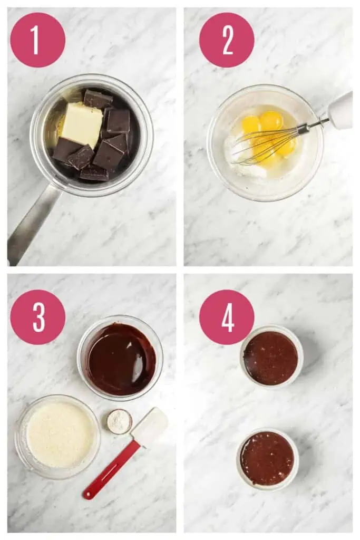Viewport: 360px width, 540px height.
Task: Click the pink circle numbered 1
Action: point(37,40)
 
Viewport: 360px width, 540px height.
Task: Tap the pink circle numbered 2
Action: point(227,40)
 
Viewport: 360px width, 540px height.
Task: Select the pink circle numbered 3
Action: point(37,317)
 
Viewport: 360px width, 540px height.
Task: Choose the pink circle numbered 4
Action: point(227,317)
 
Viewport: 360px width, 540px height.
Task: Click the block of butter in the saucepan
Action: point(82,124)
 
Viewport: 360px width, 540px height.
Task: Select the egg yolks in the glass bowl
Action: point(268,134)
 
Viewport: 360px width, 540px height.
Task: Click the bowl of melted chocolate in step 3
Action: point(121,359)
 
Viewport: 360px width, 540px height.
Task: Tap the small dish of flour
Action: point(119,421)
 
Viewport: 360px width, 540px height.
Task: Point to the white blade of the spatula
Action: point(150,426)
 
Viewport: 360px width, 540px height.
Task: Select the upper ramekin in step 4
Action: point(271,357)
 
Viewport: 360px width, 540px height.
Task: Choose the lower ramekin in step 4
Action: point(267,458)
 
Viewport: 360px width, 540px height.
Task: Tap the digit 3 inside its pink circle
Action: point(38,317)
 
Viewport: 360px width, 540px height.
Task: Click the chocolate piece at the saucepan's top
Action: point(98,99)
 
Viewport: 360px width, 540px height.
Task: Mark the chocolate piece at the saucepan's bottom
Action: point(94,173)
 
